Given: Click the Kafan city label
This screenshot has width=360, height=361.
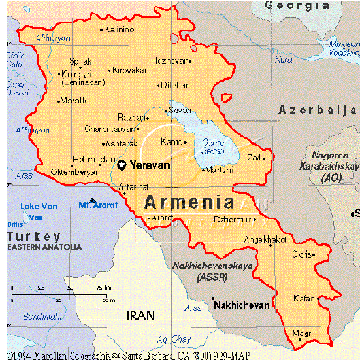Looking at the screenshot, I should click(304, 298).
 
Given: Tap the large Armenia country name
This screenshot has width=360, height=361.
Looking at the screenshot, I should click(189, 201).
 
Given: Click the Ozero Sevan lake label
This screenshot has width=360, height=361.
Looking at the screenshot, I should click(213, 146).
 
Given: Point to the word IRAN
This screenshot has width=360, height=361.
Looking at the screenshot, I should click(140, 315).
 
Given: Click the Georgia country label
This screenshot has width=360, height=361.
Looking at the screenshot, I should click(297, 5).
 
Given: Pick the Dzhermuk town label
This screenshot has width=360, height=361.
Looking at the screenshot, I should click(232, 220).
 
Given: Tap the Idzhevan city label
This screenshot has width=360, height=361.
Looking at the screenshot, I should click(171, 61).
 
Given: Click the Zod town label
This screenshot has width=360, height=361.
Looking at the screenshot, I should click(254, 157).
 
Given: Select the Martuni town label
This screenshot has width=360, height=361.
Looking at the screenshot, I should click(219, 170).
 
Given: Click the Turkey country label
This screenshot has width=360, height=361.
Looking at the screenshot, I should click(34, 236).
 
